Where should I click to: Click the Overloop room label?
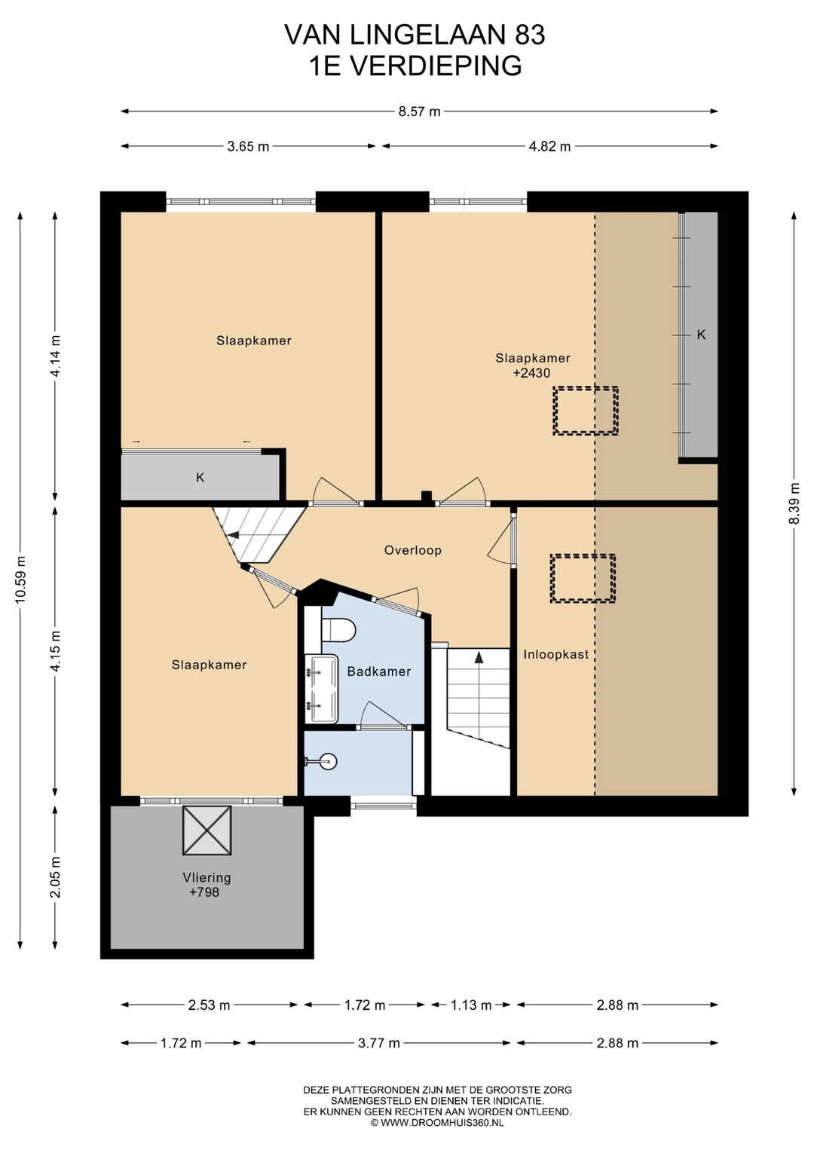[x=412, y=550]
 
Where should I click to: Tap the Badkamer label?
[x=379, y=671]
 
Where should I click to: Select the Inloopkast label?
[x=555, y=655]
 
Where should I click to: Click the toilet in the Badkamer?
[x=338, y=630]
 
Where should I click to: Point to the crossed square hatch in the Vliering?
[x=207, y=830]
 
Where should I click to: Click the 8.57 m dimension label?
[x=420, y=112]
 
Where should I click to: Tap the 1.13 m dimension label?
[x=471, y=1005]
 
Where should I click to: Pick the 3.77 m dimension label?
[x=379, y=1043]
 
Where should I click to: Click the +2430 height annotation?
[x=531, y=373]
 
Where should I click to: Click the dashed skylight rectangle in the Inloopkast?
[x=583, y=578]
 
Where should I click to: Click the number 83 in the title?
[x=530, y=36]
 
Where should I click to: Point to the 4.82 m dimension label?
[x=549, y=146]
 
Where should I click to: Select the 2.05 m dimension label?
[x=57, y=877]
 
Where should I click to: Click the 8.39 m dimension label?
[x=794, y=503]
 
